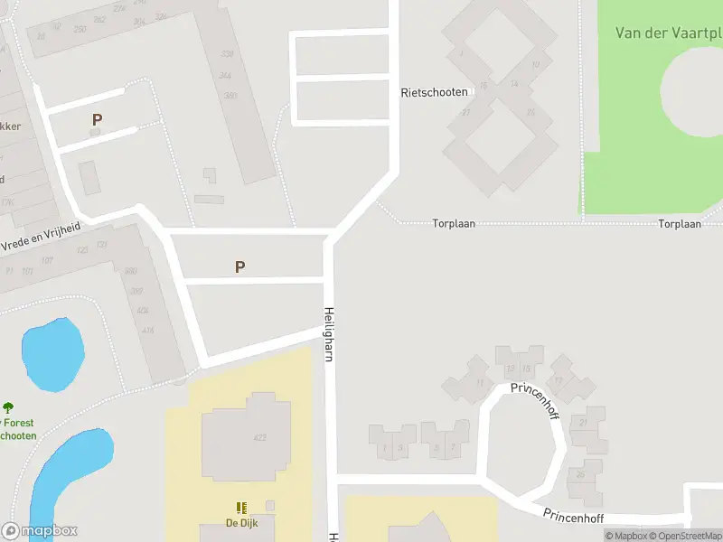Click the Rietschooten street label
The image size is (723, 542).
(x=434, y=92)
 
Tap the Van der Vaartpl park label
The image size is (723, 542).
(x=668, y=33)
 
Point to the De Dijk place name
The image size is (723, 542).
(x=242, y=521)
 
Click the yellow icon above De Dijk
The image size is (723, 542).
(x=241, y=508)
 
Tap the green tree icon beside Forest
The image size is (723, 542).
(x=8, y=408)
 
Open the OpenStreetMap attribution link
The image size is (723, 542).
(x=684, y=536)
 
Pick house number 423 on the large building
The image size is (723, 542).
(x=260, y=438)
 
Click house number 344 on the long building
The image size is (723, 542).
(x=225, y=75)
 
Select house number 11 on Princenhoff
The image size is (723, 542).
(x=479, y=383)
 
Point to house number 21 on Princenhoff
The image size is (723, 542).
(x=586, y=423)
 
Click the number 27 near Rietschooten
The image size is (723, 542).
(x=465, y=112)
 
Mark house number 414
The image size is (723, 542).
(x=147, y=331)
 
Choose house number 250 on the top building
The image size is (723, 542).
(x=80, y=29)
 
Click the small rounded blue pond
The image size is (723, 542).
(x=53, y=353)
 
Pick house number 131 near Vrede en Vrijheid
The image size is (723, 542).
(x=101, y=245)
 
